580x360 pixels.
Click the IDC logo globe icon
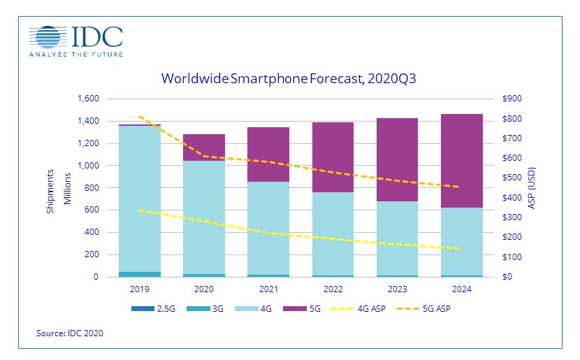tap(46, 38)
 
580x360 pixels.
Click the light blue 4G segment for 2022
tap(333, 233)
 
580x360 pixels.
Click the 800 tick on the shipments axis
tap(91, 188)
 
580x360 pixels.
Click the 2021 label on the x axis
tap(268, 288)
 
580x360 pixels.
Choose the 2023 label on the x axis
tap(398, 288)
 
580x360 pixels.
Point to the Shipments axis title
tap(50, 188)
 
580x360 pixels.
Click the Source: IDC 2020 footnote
tap(69, 334)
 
